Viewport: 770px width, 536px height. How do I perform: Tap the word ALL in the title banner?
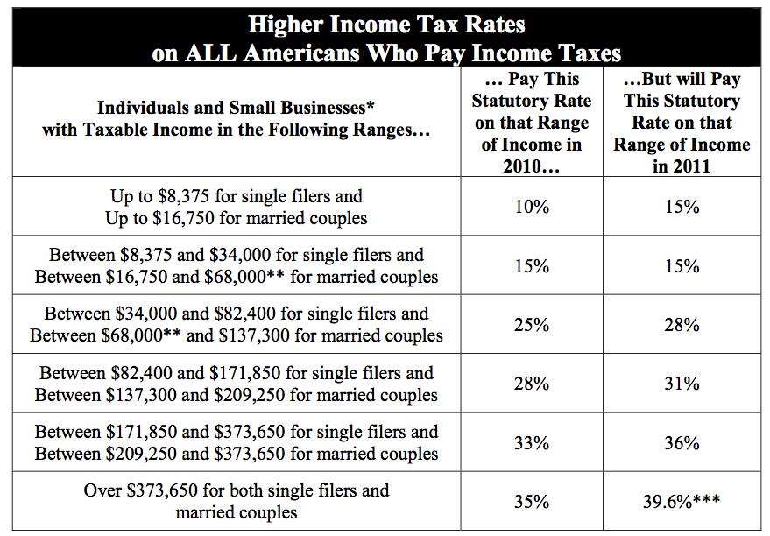pyautogui.click(x=210, y=53)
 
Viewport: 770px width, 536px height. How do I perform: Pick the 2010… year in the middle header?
pyautogui.click(x=532, y=166)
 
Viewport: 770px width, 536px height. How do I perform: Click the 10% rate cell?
pyautogui.click(x=532, y=207)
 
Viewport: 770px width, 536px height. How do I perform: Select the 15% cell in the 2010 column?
pyautogui.click(x=532, y=266)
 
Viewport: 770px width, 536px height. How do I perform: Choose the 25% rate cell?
pyautogui.click(x=532, y=325)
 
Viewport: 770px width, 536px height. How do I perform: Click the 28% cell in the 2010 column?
pyautogui.click(x=532, y=384)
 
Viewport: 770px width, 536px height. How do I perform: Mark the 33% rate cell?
pyautogui.click(x=532, y=443)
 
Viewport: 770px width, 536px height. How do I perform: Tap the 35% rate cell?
pyautogui.click(x=532, y=502)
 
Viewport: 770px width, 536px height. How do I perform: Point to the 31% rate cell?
pyautogui.click(x=682, y=384)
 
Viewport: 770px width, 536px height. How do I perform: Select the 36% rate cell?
pyautogui.click(x=682, y=443)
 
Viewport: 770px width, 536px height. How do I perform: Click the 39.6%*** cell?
pyautogui.click(x=682, y=502)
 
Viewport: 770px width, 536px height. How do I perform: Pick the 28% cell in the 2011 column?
pyautogui.click(x=682, y=325)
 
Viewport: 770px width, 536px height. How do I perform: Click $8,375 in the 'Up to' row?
pyautogui.click(x=184, y=196)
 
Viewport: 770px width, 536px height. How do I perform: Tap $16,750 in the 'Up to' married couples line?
pyautogui.click(x=184, y=218)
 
